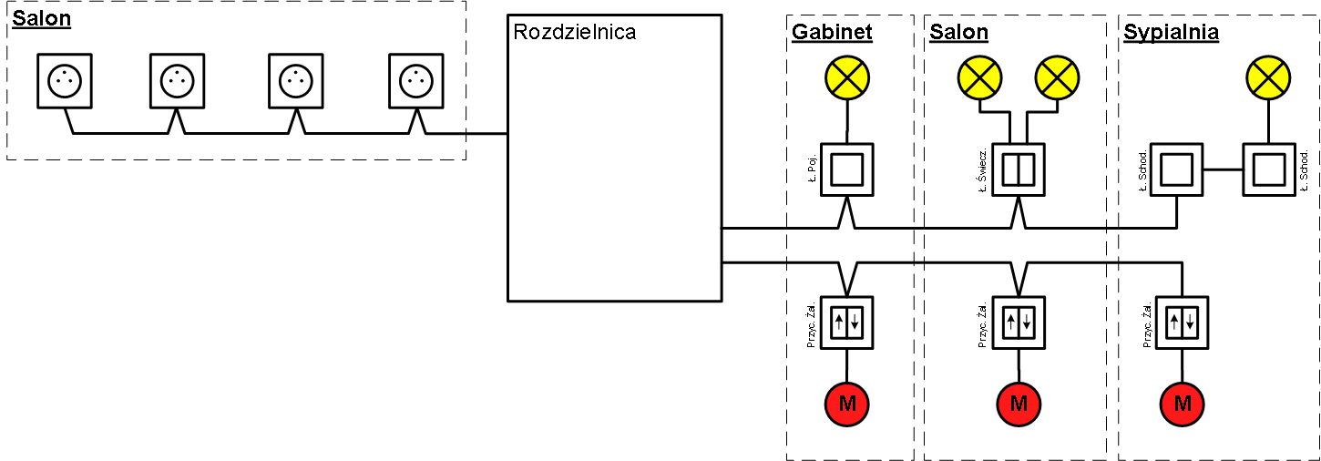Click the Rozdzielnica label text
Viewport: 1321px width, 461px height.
click(x=574, y=32)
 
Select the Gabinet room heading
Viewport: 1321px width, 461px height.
click(x=832, y=33)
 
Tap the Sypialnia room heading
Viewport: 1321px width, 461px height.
click(x=1172, y=33)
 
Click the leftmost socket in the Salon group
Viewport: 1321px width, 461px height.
click(x=66, y=80)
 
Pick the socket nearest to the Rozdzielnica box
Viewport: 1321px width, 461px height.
click(x=416, y=80)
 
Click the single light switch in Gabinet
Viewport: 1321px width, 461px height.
click(x=847, y=169)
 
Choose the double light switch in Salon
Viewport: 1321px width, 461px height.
click(x=1019, y=169)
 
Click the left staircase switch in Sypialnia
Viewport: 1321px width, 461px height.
click(x=1176, y=169)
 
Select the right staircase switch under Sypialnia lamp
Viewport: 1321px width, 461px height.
click(x=1268, y=169)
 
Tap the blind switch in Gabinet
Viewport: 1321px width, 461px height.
click(x=847, y=322)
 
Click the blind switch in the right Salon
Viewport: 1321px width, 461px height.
click(x=1019, y=322)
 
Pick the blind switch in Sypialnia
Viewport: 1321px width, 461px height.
click(x=1183, y=322)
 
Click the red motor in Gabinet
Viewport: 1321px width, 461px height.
click(x=847, y=403)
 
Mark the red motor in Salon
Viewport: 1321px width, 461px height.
click(x=1019, y=403)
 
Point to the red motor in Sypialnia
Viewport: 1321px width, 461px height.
click(x=1183, y=403)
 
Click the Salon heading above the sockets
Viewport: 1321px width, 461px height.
click(x=41, y=19)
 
